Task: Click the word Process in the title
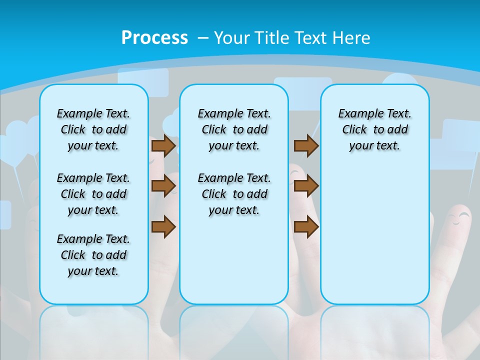pyautogui.click(x=154, y=38)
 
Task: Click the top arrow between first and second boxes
pyautogui.click(x=163, y=146)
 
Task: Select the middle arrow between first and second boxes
pyautogui.click(x=163, y=186)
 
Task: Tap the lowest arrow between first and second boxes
pyautogui.click(x=163, y=226)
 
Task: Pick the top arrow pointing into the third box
pyautogui.click(x=306, y=146)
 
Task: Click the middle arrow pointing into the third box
pyautogui.click(x=306, y=186)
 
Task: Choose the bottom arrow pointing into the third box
pyautogui.click(x=306, y=226)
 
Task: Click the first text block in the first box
pyautogui.click(x=93, y=129)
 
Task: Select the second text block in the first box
pyautogui.click(x=93, y=194)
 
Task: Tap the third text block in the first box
pyautogui.click(x=93, y=255)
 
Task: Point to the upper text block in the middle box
pyautogui.click(x=234, y=129)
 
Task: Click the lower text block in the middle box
pyautogui.click(x=234, y=194)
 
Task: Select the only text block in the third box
pyautogui.click(x=374, y=129)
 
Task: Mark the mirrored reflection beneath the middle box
pyautogui.click(x=234, y=325)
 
